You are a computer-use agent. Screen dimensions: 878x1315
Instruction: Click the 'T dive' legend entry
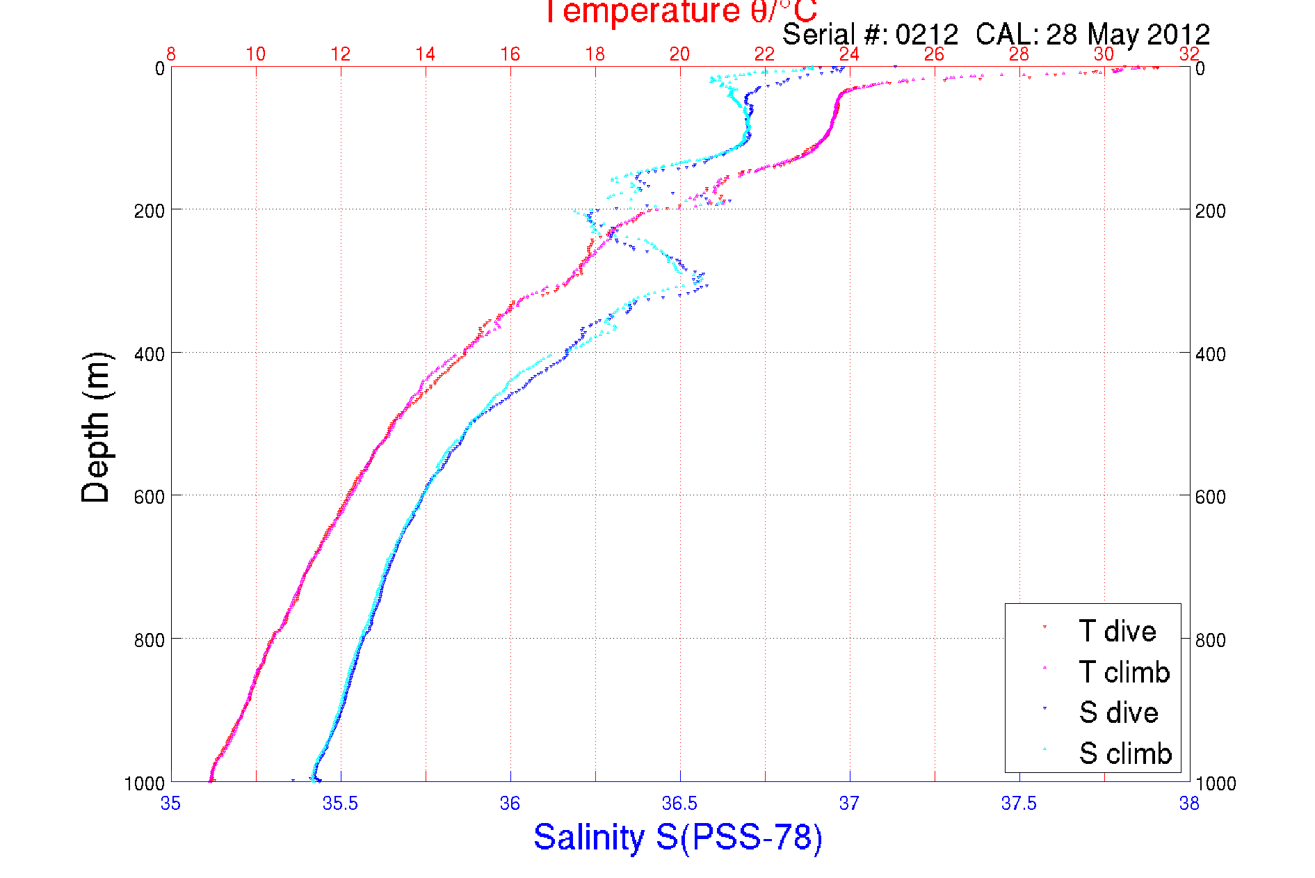tap(1117, 631)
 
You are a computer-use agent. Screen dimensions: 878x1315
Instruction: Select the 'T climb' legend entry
tap(1124, 672)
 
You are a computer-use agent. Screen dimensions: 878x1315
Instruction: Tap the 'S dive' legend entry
tap(1118, 712)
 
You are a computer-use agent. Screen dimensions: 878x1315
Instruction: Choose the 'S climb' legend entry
tap(1125, 753)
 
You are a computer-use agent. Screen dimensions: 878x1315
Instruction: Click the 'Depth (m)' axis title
tap(96, 427)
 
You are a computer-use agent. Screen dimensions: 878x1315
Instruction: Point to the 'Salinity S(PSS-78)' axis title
tap(678, 837)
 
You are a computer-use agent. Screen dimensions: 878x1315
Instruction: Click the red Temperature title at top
tap(679, 11)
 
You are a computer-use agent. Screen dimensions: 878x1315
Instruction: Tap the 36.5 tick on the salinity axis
tap(679, 804)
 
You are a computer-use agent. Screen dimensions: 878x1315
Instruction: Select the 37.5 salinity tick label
tap(1019, 804)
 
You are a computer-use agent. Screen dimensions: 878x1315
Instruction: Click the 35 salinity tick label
tap(170, 804)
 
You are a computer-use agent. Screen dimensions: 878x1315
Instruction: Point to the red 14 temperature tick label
tap(425, 54)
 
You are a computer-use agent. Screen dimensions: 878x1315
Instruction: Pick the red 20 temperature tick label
tap(679, 54)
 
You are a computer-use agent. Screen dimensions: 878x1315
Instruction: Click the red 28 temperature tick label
tap(1019, 54)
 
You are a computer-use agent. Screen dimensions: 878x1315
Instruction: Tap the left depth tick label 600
tap(149, 496)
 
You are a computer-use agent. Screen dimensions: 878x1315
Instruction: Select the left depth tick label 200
tap(149, 210)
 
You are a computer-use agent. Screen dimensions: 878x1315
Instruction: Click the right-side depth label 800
tap(1210, 639)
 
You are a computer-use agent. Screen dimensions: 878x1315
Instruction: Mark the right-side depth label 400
tap(1210, 353)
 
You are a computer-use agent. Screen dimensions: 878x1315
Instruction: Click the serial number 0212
tap(926, 34)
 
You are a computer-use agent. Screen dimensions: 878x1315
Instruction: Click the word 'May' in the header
tap(1113, 34)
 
